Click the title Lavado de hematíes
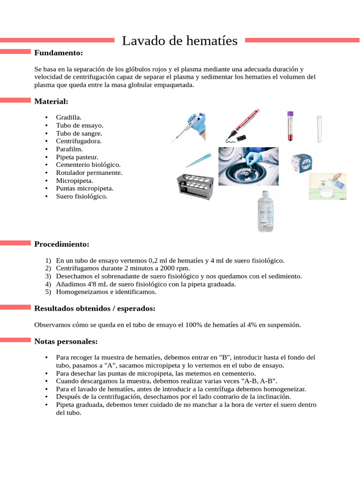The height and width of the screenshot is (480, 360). point(180,41)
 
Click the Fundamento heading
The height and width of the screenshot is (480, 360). point(59,52)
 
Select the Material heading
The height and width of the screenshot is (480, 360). point(51,101)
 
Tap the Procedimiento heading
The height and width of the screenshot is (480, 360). point(61,244)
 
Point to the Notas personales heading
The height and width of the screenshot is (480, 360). point(66,341)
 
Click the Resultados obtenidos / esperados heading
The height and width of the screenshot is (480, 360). point(95,308)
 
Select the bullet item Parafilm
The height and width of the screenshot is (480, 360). point(69,149)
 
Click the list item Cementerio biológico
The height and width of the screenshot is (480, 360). point(88,165)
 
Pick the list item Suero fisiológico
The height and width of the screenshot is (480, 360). point(82,196)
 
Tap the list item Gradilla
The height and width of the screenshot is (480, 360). point(68,118)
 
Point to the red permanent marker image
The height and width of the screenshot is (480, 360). point(242,126)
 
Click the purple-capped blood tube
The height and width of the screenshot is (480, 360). point(290,126)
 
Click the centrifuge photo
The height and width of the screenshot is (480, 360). point(248,166)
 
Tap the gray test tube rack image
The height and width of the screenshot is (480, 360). point(195,187)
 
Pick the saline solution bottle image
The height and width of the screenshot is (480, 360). point(265,211)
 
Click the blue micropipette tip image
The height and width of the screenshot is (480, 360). point(198,160)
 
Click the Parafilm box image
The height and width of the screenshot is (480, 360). point(301,164)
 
